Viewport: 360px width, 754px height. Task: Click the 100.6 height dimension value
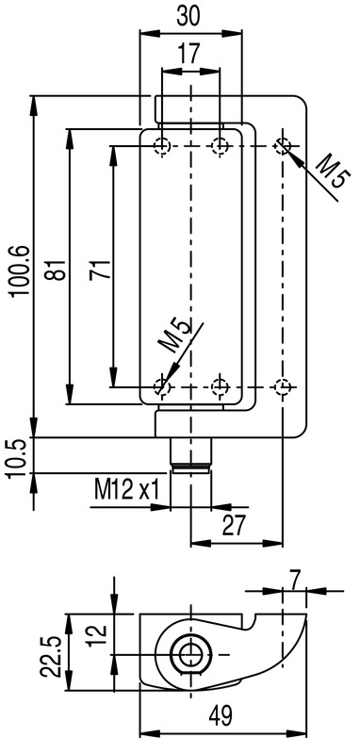[21, 270]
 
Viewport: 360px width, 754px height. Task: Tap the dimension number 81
[57, 270]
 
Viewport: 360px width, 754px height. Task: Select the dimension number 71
[101, 270]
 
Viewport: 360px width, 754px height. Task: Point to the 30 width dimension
[189, 17]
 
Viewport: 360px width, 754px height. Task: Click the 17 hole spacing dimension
[190, 55]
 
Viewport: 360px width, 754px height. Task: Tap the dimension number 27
[234, 526]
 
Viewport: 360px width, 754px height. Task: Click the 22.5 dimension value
[50, 656]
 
